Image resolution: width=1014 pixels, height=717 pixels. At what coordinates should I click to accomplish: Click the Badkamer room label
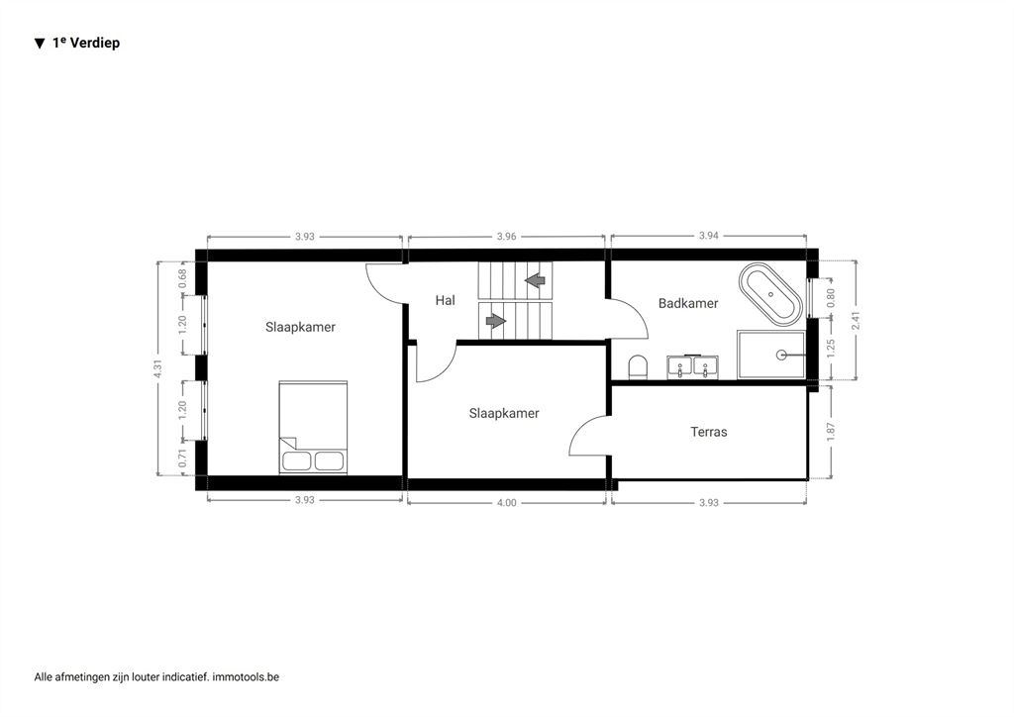click(x=688, y=303)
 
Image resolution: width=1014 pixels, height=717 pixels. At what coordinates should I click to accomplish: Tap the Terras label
click(x=709, y=432)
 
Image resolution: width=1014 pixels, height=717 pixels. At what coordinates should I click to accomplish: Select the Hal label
click(x=445, y=300)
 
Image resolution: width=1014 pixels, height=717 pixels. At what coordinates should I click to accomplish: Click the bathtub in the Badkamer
click(x=770, y=294)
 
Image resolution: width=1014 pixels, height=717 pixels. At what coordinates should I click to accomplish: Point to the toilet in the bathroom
click(x=638, y=367)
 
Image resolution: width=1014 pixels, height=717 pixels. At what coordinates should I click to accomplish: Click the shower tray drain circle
click(x=781, y=355)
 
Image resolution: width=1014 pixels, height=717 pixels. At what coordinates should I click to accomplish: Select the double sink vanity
click(x=692, y=366)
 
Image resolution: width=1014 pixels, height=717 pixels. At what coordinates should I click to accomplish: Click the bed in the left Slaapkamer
click(x=313, y=428)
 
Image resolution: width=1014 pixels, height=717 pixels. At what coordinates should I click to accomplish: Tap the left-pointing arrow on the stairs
click(x=535, y=281)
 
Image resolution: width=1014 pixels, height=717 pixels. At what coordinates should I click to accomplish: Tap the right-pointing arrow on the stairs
click(x=496, y=321)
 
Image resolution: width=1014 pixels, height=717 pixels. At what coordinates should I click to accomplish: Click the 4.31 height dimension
click(x=157, y=368)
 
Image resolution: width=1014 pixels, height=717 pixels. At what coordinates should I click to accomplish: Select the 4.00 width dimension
click(x=507, y=503)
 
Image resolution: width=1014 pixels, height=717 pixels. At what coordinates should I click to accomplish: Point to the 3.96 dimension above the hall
click(x=506, y=237)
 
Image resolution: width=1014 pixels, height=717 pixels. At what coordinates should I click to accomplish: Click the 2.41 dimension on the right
click(x=857, y=321)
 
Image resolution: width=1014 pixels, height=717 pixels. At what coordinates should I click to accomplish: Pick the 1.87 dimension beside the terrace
click(x=831, y=432)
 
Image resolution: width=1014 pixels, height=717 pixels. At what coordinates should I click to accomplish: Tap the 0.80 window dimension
click(x=831, y=297)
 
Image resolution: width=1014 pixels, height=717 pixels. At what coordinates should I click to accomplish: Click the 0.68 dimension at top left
click(x=183, y=278)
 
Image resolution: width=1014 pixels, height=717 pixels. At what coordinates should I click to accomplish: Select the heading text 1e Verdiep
click(x=86, y=43)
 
